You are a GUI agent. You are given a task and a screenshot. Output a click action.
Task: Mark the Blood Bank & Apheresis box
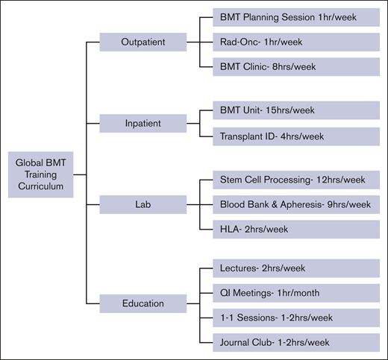coord(295,205)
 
